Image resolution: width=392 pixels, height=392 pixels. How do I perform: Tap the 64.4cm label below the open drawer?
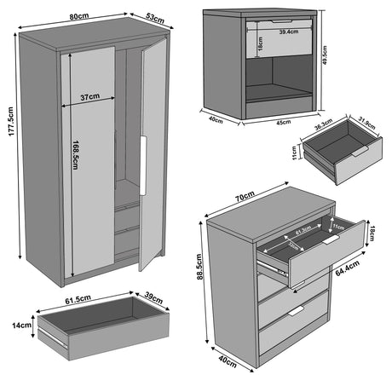pos(345,272)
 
